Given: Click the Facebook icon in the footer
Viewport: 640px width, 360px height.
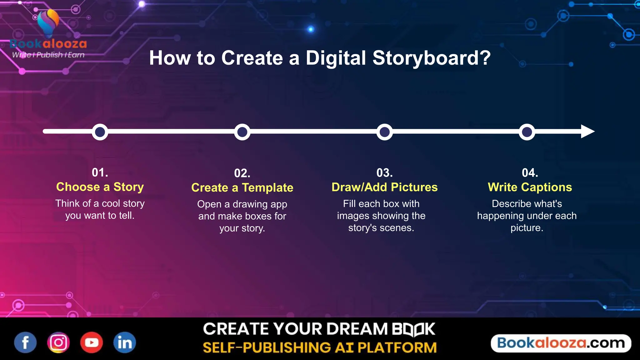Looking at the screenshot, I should [25, 342].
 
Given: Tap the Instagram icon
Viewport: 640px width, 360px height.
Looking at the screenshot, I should [58, 342].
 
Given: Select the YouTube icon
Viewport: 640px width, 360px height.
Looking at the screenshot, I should [92, 342].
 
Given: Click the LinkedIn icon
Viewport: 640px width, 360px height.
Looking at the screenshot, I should [125, 342].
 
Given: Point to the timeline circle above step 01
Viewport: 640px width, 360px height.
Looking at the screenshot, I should [100, 132].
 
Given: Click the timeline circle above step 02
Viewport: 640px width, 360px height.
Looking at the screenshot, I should [242, 132].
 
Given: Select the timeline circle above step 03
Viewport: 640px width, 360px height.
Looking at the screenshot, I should [384, 132].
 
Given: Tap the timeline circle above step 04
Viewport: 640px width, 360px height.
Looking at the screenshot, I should [527, 132].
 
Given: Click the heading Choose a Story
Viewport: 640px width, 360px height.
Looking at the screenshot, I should [100, 187].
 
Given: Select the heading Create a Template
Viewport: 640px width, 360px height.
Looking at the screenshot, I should [242, 187].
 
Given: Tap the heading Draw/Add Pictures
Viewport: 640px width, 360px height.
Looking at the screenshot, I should [384, 187].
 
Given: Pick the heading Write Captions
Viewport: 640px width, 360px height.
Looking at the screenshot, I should [530, 187].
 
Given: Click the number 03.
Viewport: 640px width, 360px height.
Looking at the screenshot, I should [384, 173].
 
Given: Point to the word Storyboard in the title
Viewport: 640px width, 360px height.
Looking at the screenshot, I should [432, 58].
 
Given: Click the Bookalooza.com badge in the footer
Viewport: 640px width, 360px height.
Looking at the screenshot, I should [561, 343].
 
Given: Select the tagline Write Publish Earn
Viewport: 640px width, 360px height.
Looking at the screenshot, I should [48, 55].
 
